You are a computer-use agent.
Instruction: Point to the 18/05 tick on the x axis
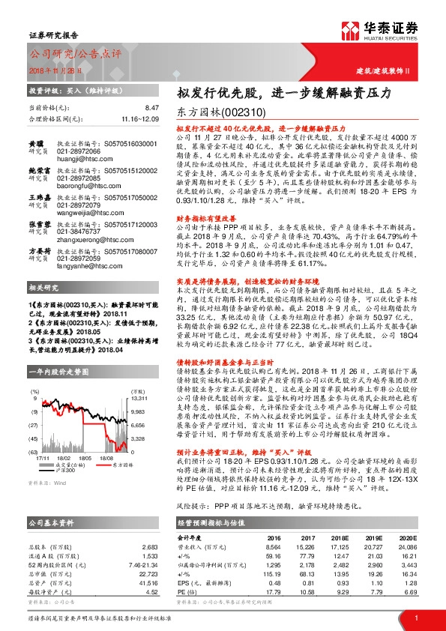click(85, 456)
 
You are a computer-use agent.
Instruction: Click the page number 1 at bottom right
click(415, 617)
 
